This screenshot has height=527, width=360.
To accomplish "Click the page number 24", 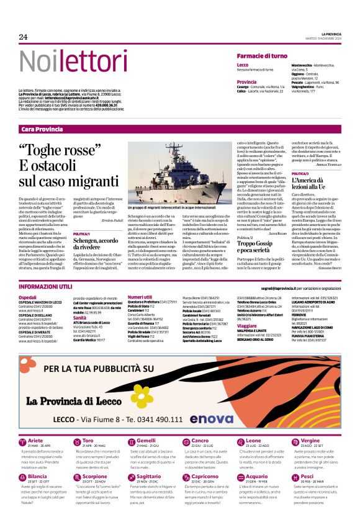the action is [24, 37].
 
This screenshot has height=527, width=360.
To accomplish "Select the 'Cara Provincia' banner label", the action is [42, 129].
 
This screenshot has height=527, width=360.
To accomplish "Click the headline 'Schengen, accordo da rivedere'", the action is [97, 244].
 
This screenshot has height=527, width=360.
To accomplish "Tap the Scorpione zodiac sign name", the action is [94, 477].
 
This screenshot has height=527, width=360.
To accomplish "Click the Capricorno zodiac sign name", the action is [205, 477].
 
